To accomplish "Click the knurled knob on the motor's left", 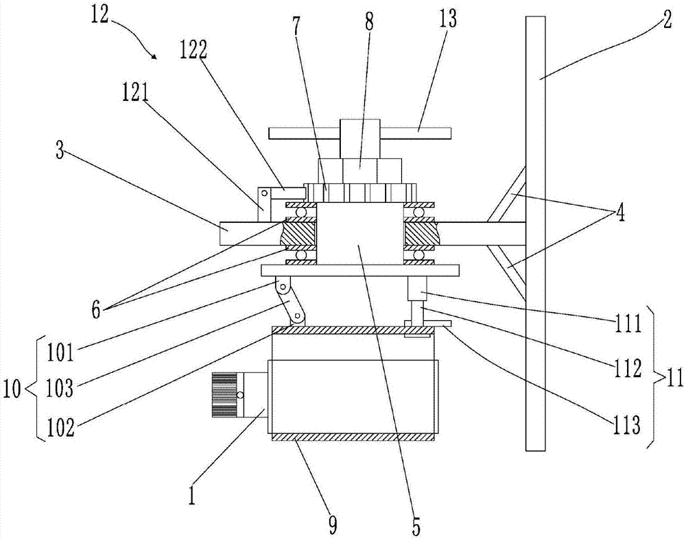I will [x=226, y=395].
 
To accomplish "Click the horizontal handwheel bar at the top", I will [x=359, y=132].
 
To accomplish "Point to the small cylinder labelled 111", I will [x=418, y=288].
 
